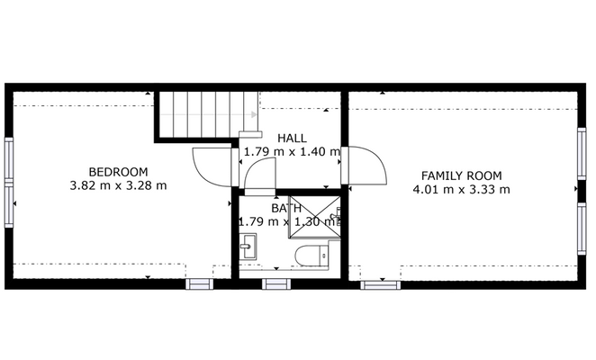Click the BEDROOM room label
coord(118,172)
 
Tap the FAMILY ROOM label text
coord(462,175)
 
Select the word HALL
coord(292,138)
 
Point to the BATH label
coord(286,208)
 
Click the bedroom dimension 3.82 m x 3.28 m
coord(118,185)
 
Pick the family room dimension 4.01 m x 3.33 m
coord(462,189)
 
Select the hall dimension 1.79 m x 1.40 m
coord(292,152)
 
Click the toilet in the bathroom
coord(312,256)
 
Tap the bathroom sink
coord(248,246)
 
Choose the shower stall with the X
coord(315,218)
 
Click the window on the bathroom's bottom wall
coord(276,284)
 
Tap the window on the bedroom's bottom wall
coord(199,284)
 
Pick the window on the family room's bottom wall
coord(380,284)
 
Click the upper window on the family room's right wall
coord(582,153)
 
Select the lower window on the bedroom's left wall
coord(9,204)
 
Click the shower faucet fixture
coord(337,217)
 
